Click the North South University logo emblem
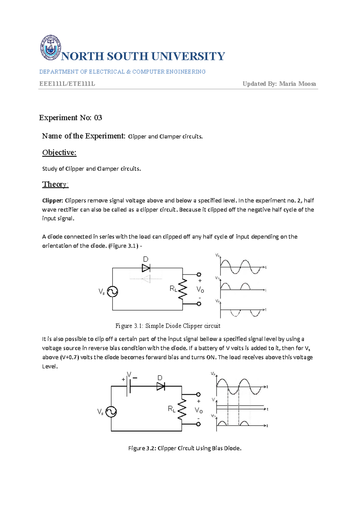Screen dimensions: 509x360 [x=50, y=47]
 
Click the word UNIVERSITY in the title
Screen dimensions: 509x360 [x=188, y=56]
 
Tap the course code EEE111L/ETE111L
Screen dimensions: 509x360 [x=67, y=84]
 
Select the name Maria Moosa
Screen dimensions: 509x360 [x=297, y=84]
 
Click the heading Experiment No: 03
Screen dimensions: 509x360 [x=70, y=118]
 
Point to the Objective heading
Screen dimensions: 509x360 [x=59, y=152]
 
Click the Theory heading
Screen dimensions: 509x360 [x=55, y=184]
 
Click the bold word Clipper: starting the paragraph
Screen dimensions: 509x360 [x=52, y=200]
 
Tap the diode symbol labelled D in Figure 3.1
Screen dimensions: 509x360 [x=146, y=268]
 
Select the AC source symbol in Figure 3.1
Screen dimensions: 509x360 [x=112, y=291]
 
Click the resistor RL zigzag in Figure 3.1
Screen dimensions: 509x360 [x=183, y=289]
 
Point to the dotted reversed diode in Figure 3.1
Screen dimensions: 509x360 [x=146, y=279]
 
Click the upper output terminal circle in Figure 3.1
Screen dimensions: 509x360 [x=199, y=274]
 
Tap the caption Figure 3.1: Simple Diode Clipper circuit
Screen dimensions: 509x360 [x=168, y=326]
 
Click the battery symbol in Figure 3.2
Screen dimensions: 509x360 [x=129, y=386]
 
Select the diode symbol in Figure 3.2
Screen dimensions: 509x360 [x=161, y=386]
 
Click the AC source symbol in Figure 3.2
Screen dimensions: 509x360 [x=111, y=412]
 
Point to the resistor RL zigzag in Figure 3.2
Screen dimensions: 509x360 [x=182, y=409]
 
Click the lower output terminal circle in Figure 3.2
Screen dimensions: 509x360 [x=198, y=424]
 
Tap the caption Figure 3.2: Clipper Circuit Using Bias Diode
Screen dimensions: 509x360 [x=185, y=448]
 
